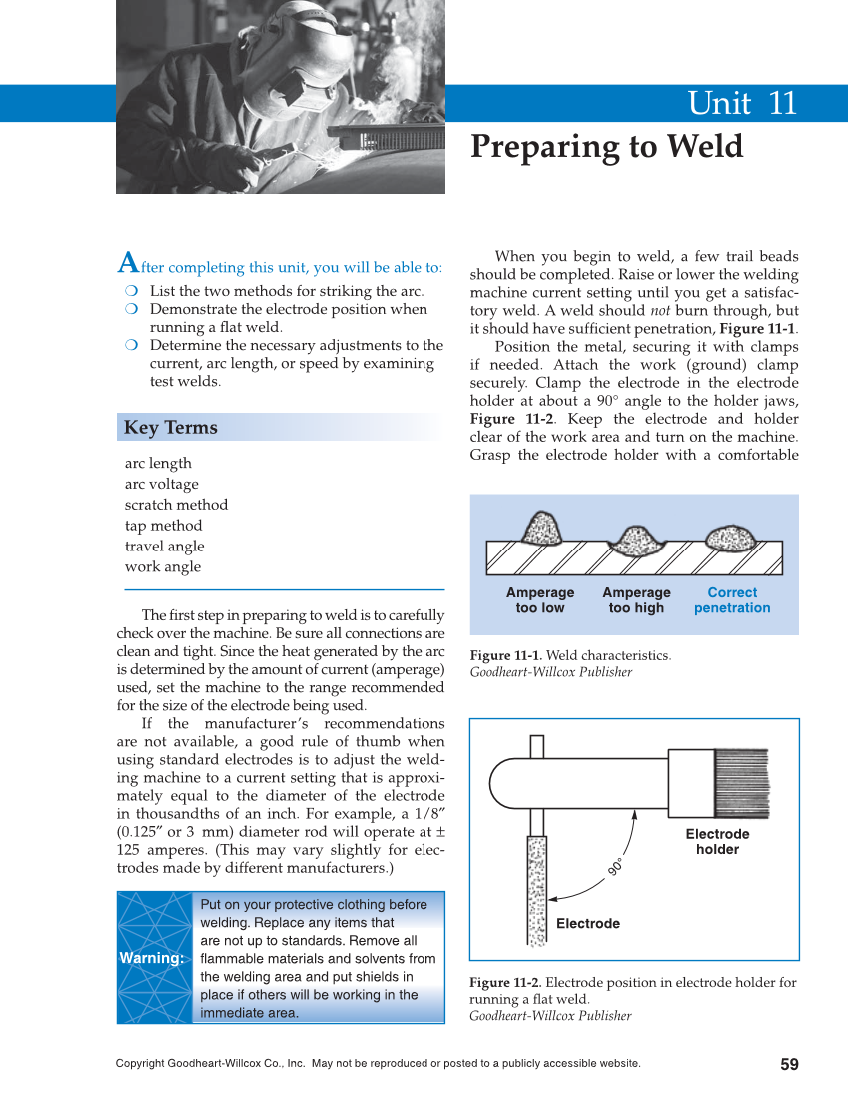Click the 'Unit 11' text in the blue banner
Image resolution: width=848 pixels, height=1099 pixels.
point(741,104)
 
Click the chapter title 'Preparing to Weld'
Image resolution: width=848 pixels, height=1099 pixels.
point(606,147)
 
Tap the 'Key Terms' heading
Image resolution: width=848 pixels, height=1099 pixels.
point(170,428)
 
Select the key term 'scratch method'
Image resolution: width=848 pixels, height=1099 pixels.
point(176,505)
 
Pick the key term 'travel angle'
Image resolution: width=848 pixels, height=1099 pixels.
point(164,547)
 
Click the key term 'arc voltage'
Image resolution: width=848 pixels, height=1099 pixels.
point(161,484)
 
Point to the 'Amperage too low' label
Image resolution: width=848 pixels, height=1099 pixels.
point(540,600)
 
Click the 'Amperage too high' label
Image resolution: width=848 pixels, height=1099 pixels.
point(636,600)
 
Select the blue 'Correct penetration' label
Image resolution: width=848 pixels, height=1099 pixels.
point(732,600)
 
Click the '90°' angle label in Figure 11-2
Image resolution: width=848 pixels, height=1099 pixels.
point(616,867)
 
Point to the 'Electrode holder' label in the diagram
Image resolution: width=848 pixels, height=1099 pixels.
point(717,842)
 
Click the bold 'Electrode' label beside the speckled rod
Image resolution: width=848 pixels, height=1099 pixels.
point(588,924)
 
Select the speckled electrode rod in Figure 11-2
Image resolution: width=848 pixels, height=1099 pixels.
point(537,889)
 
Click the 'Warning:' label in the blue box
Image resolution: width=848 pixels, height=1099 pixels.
point(152,958)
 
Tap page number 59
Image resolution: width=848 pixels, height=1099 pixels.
point(789,1065)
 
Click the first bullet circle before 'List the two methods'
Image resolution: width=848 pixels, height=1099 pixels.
point(131,291)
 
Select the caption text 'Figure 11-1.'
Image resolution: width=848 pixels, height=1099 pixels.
point(506,656)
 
